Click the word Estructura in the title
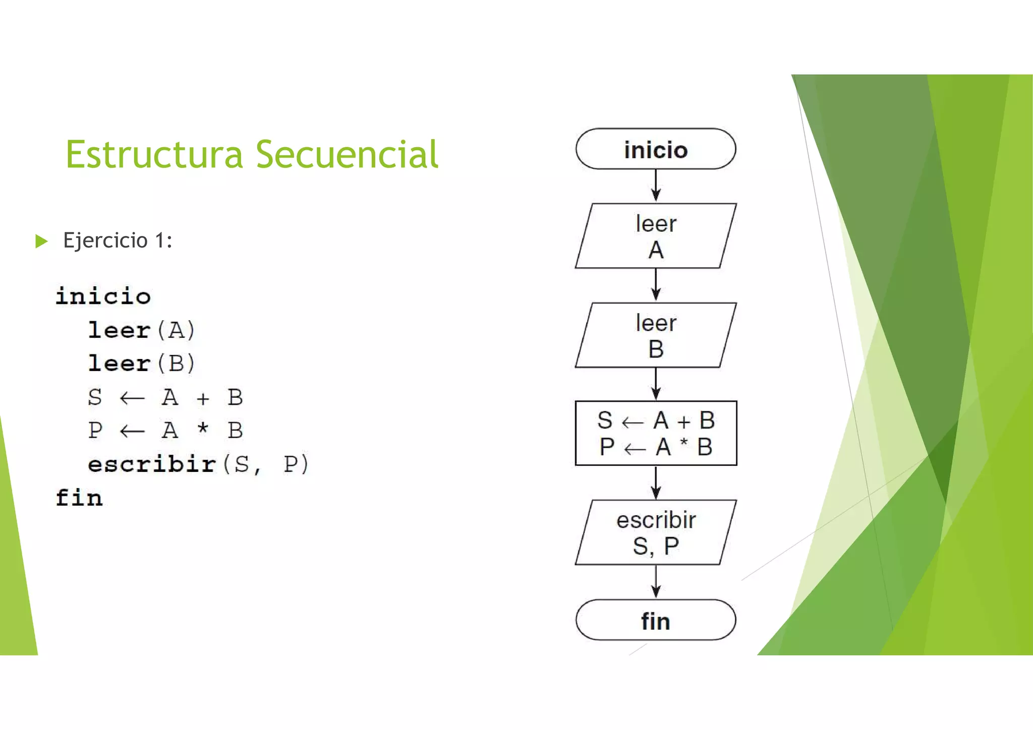(x=154, y=154)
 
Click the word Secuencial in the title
(x=347, y=154)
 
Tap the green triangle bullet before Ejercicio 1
(x=41, y=241)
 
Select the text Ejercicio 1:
(x=118, y=240)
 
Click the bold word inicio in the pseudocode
(x=103, y=296)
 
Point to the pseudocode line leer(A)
(x=142, y=330)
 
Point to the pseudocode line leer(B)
(x=142, y=363)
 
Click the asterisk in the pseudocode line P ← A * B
(x=203, y=429)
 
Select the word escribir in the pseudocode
(x=152, y=464)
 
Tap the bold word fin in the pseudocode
(x=79, y=498)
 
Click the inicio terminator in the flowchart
(x=656, y=149)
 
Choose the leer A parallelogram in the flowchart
(x=656, y=236)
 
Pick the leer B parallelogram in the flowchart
(x=656, y=335)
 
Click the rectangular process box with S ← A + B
(x=656, y=433)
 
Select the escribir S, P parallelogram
(x=656, y=532)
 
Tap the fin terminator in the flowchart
(x=656, y=620)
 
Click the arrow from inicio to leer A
(x=656, y=186)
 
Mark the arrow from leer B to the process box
(x=656, y=384)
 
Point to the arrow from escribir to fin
(x=656, y=582)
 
